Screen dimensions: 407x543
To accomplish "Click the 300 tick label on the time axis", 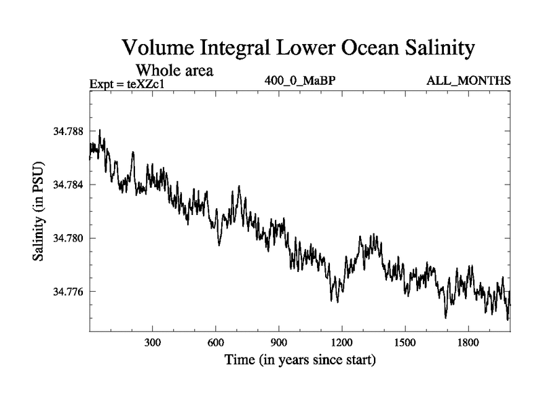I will (x=153, y=343).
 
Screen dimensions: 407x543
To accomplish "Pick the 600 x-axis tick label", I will (x=216, y=343).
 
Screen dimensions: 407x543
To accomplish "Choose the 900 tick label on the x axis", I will (x=279, y=343).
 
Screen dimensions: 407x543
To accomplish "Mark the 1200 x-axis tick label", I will (x=341, y=343).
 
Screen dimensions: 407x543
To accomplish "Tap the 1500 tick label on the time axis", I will (x=405, y=343).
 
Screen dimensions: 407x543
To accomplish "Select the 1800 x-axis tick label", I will (x=468, y=343).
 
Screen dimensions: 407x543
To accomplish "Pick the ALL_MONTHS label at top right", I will (x=468, y=81).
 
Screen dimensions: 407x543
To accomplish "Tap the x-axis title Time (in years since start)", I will (x=300, y=360).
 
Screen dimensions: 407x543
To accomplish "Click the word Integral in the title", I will (x=248, y=49).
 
